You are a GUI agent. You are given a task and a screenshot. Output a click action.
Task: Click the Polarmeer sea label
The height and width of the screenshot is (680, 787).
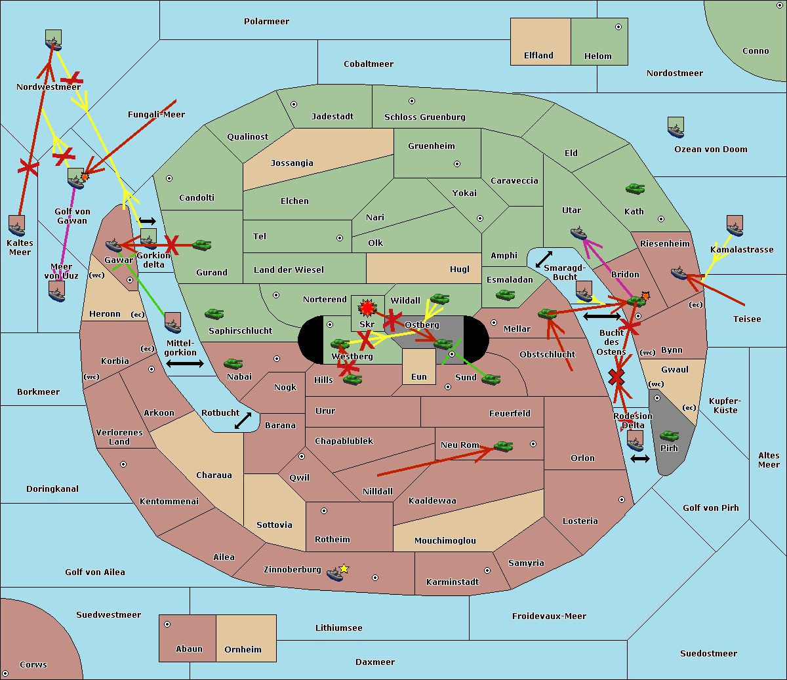coord(266,22)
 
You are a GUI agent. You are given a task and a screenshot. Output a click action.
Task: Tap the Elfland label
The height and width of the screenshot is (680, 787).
coord(538,56)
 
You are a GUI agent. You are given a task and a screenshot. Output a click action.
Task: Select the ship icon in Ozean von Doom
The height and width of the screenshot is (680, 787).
coord(676,127)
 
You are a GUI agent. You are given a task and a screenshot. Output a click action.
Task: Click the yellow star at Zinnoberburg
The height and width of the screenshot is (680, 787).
coord(344,569)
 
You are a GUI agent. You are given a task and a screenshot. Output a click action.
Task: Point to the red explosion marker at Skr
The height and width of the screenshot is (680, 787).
coord(367,308)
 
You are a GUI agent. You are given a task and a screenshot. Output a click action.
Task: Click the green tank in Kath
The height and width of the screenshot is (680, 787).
coord(635,189)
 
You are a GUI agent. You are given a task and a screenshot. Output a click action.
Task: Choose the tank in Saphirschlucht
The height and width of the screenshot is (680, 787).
coord(214,314)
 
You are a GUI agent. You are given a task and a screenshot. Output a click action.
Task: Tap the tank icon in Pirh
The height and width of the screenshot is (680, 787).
coord(669,435)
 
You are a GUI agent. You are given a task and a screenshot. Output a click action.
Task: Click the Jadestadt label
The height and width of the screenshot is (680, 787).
coord(332,117)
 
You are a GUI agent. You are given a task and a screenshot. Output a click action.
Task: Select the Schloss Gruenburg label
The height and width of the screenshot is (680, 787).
coord(424,117)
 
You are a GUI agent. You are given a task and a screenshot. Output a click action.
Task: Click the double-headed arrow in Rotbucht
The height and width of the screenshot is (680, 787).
coord(243,420)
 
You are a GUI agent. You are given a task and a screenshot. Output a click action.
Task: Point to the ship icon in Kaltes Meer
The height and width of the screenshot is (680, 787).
coord(17,226)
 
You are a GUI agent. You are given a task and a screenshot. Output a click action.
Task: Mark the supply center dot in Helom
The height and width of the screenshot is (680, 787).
coord(618,27)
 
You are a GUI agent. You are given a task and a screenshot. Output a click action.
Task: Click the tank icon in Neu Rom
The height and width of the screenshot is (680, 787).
coord(503,446)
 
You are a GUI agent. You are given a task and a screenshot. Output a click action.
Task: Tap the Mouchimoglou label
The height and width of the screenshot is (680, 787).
coord(445,541)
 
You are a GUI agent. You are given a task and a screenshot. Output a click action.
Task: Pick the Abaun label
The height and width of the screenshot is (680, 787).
coord(189,649)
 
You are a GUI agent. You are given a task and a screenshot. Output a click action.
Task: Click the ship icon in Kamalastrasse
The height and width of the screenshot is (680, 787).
coord(735,226)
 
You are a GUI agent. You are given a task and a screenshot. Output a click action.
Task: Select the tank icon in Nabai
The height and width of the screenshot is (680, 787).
coord(233,363)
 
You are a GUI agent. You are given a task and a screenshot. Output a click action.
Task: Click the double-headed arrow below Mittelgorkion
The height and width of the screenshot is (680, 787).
coord(185,363)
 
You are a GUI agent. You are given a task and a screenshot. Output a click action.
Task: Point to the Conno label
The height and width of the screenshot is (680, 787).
coord(756,51)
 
